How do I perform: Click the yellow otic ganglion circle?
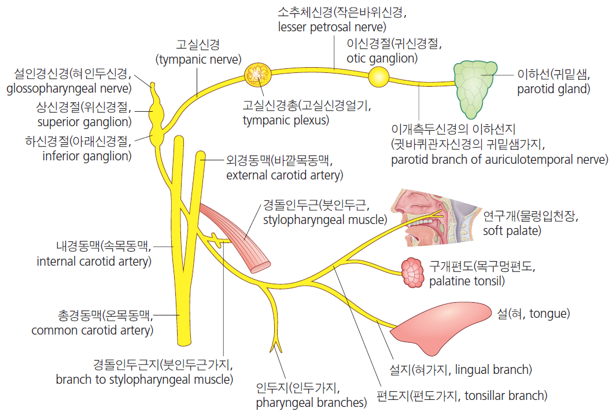click(x=379, y=77)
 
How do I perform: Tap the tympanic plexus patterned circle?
click(x=258, y=75)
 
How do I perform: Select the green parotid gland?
click(x=474, y=89)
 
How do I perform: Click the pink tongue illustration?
click(x=440, y=327)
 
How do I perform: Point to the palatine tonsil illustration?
click(x=412, y=273)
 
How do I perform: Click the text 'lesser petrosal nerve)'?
click(x=332, y=27)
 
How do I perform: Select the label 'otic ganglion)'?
click(x=382, y=58)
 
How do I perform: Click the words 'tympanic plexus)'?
click(x=286, y=120)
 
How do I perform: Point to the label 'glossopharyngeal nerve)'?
click(x=69, y=89)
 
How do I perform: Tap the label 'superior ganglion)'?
click(x=84, y=122)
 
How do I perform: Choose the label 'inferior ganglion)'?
click(x=87, y=156)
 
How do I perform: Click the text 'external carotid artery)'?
click(x=285, y=175)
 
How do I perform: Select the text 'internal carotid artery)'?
click(x=94, y=262)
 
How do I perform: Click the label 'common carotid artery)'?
click(x=93, y=330)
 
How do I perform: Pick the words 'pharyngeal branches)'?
click(x=312, y=402)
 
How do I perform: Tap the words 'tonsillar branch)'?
click(x=506, y=396)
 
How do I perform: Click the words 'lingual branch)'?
click(x=493, y=370)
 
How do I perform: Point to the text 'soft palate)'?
click(x=512, y=231)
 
